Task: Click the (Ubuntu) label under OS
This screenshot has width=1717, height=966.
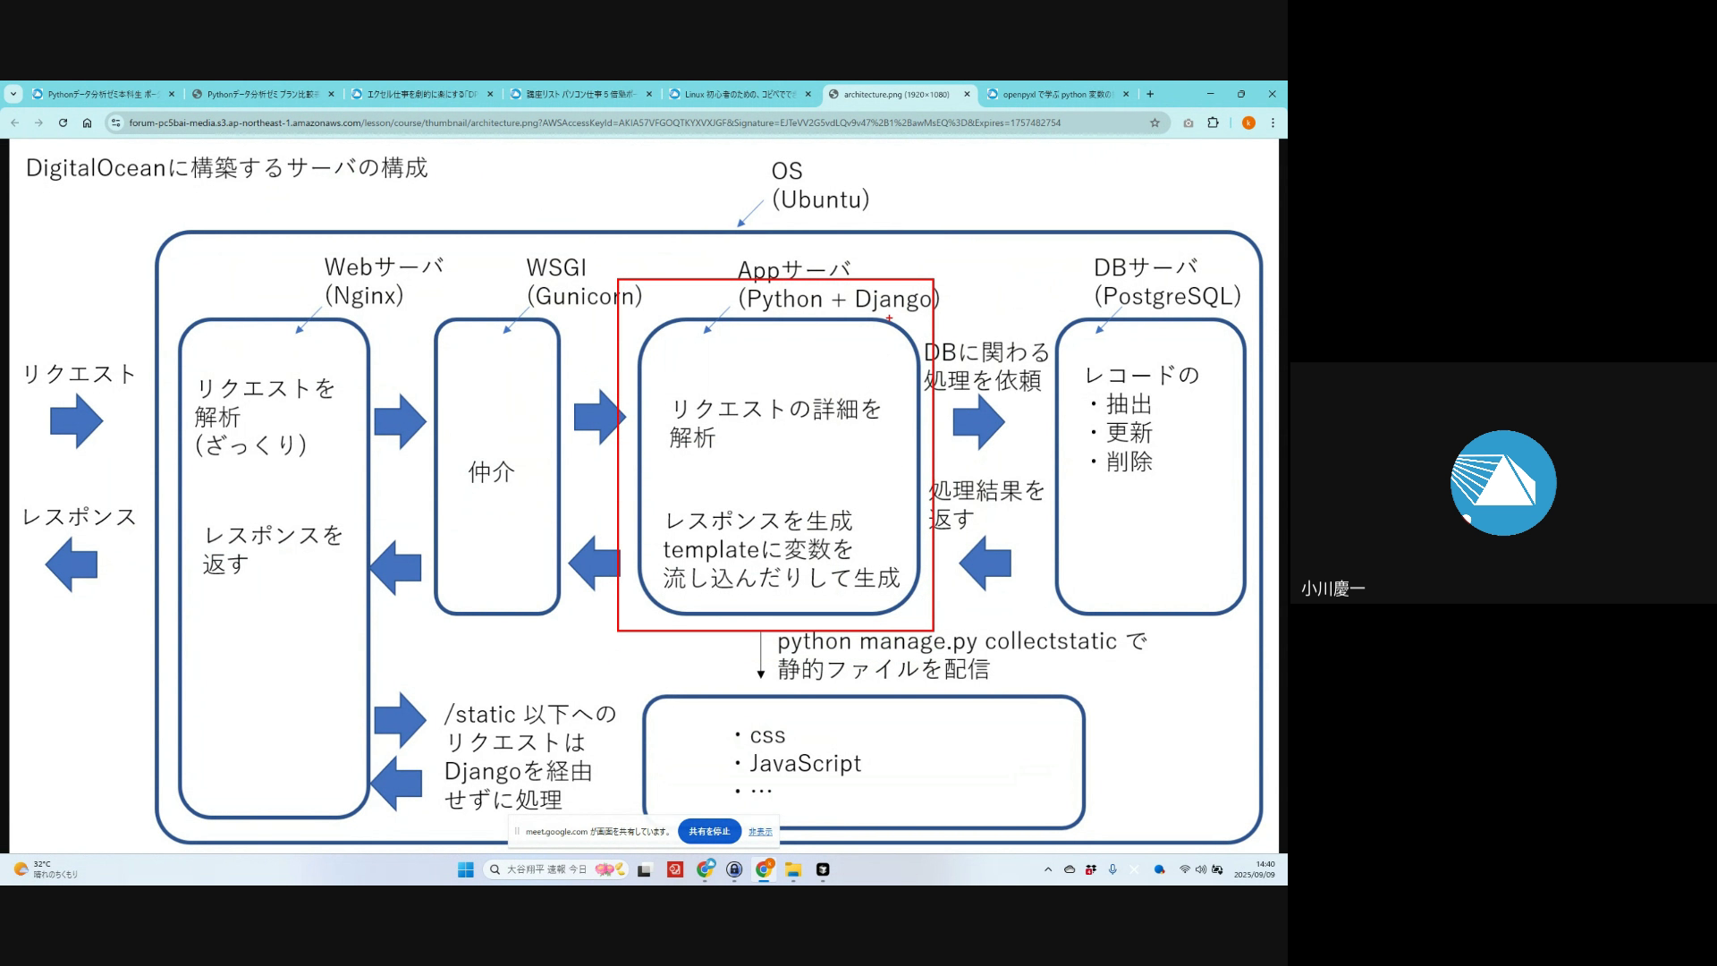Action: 820,199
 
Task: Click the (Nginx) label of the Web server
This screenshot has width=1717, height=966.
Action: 364,296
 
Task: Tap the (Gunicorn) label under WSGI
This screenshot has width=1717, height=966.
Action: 584,296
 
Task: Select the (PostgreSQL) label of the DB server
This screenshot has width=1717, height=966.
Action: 1167,296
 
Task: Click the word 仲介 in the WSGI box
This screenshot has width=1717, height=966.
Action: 492,472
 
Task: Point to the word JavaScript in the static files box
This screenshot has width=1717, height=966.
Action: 805,764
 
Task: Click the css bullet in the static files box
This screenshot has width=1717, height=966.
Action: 767,736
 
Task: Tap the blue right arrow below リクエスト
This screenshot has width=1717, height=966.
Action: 77,420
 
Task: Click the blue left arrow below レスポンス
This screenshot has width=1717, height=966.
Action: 72,564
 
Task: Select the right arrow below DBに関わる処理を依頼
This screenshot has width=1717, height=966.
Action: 978,421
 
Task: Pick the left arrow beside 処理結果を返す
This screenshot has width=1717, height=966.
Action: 985,563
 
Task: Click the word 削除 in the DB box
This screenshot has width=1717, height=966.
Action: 1129,462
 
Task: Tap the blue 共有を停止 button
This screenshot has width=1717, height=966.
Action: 709,832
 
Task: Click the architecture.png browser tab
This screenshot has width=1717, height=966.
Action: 896,94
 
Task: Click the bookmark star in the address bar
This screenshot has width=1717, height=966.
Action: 1155,123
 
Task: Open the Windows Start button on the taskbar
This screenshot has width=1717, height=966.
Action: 466,869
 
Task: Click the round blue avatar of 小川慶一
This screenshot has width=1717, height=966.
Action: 1502,483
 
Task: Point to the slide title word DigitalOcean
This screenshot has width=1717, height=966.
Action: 96,168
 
